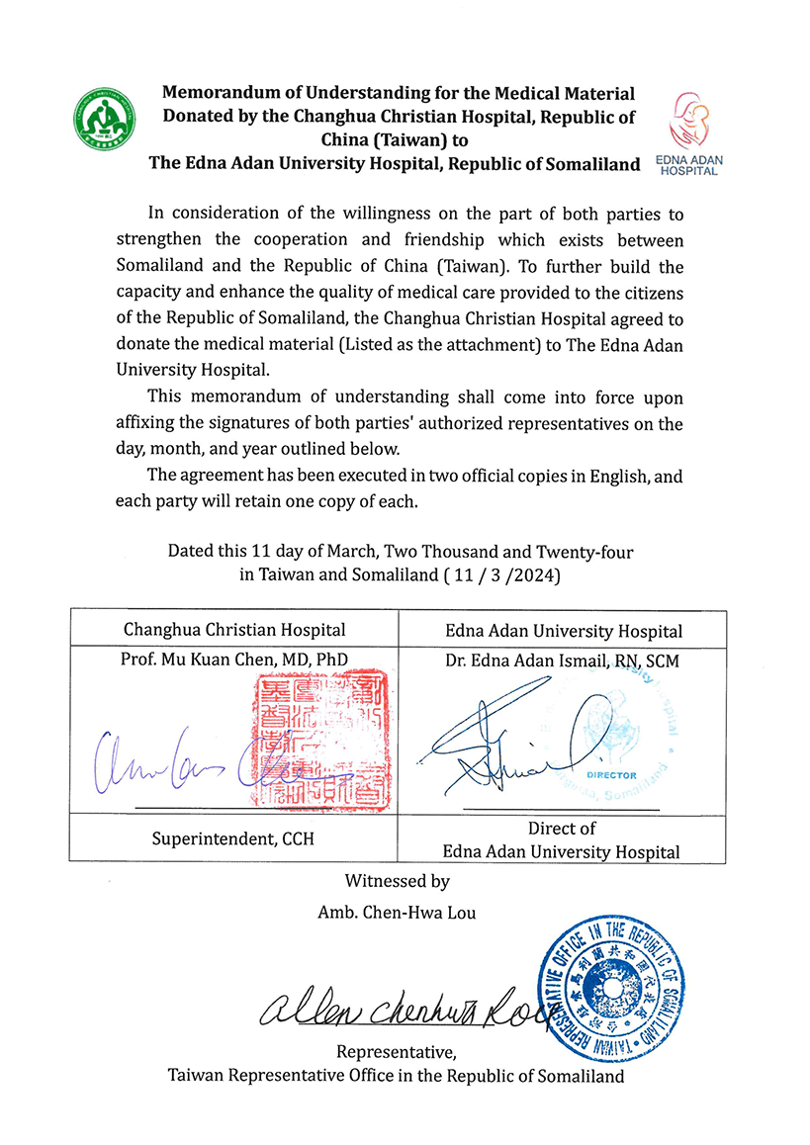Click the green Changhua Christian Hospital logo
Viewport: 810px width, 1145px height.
[104, 120]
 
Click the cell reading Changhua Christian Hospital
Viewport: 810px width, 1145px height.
[234, 629]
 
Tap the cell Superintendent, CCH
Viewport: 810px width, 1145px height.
[234, 838]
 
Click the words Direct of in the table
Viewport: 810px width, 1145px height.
[562, 828]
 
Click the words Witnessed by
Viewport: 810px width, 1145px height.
[397, 880]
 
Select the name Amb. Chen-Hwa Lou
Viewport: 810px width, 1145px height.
[397, 912]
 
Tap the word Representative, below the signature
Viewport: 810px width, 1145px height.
[397, 1051]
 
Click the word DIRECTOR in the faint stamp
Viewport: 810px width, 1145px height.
[610, 776]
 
